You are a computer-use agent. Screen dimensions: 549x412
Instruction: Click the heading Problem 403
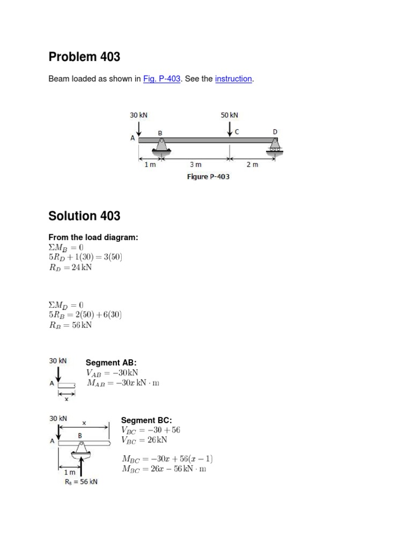pos(84,57)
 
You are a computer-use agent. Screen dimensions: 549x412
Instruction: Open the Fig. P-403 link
pos(161,79)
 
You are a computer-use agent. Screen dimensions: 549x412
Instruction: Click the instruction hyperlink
pos(233,79)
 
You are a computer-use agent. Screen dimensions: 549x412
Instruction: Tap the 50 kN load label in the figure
pos(229,115)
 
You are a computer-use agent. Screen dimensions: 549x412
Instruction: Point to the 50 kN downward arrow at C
pos(230,129)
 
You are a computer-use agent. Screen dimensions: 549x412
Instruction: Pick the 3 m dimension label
pos(196,165)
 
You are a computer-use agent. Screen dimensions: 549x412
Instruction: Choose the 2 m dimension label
pos(252,165)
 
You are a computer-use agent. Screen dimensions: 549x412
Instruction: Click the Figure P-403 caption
pos(208,177)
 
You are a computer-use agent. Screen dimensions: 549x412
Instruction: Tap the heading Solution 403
pos(84,216)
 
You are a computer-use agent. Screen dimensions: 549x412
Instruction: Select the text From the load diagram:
pos(93,237)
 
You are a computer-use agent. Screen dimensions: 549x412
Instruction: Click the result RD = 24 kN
pos(70,268)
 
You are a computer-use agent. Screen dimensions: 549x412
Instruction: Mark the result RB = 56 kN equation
pos(70,325)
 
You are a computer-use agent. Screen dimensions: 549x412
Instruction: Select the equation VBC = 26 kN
pos(145,440)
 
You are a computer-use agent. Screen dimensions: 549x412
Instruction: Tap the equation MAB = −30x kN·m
pos(123,383)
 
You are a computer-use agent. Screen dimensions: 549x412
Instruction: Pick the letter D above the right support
pos(275,131)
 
